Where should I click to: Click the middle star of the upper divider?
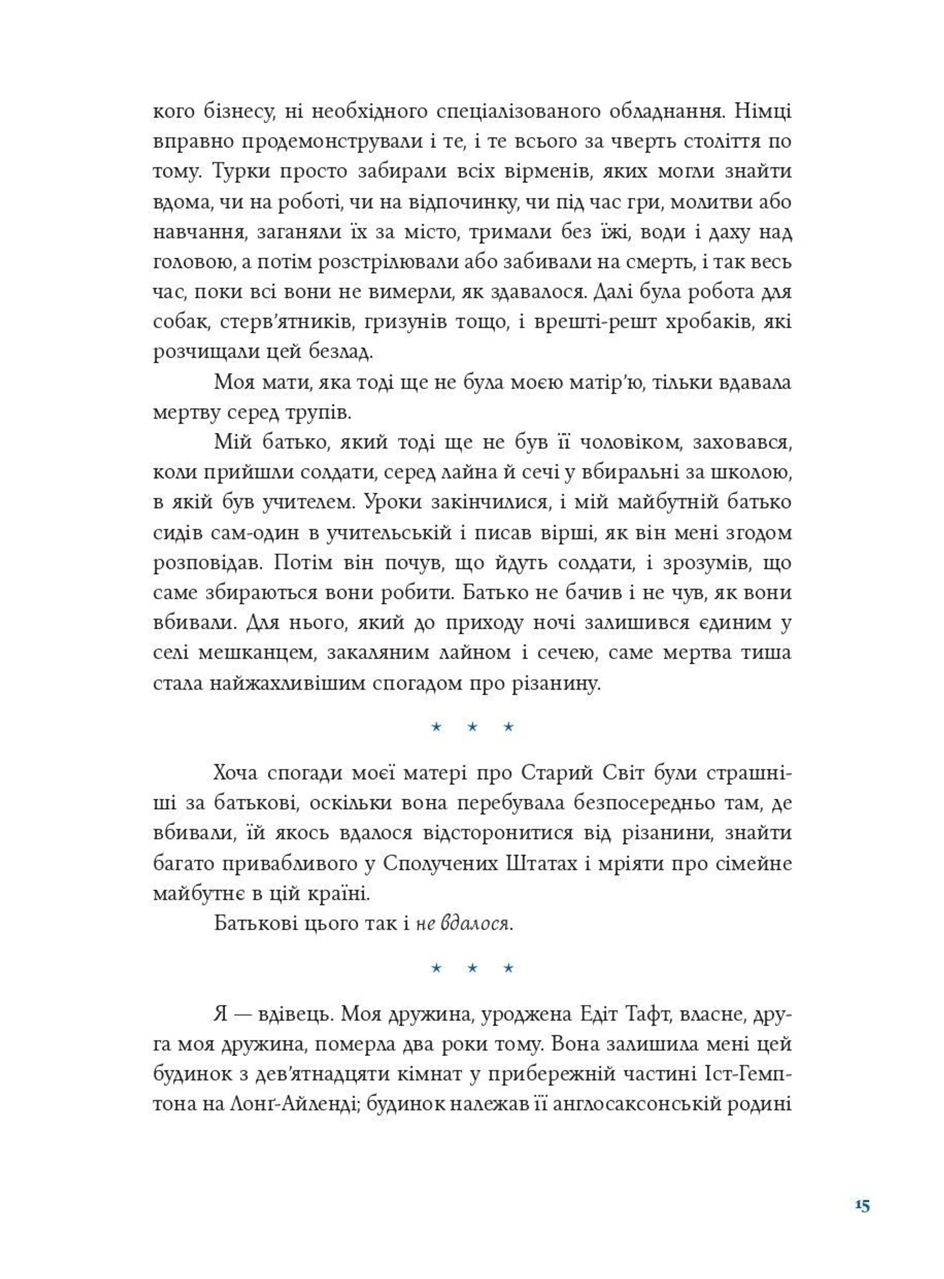(472, 727)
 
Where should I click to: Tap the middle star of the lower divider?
(472, 968)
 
